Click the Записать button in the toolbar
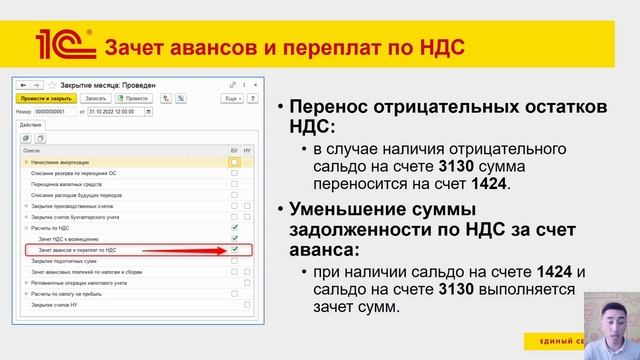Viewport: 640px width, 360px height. pos(96,99)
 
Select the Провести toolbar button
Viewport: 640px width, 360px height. pos(137,99)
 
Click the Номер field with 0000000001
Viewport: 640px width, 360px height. pos(50,112)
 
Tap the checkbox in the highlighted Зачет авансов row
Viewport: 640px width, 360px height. pos(234,250)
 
